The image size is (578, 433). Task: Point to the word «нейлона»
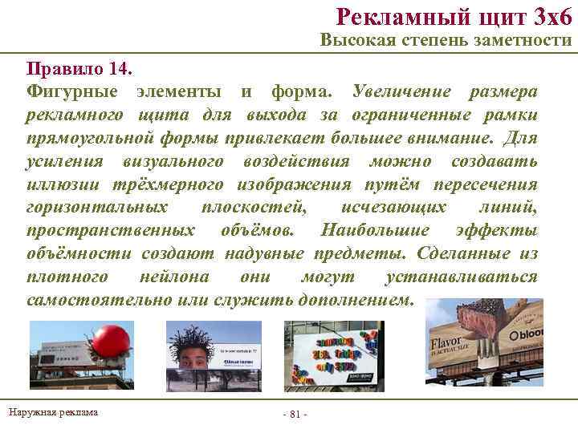point(174,277)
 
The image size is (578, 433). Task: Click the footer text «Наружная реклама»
point(54,412)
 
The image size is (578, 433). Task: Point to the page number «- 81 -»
point(295,413)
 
